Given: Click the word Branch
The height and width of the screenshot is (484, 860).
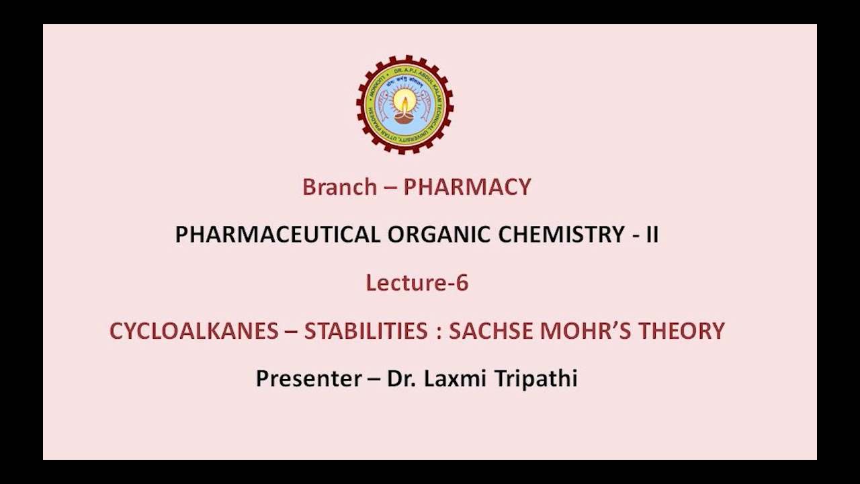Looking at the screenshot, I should coord(339,187).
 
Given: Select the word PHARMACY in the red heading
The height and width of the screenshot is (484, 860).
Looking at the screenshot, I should coord(467,187).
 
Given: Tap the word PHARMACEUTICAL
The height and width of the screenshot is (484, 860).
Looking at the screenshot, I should coord(277,235).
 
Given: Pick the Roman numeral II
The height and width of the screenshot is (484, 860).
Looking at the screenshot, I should coord(652,235).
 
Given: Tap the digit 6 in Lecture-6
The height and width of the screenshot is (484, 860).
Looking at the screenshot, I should coord(462,283).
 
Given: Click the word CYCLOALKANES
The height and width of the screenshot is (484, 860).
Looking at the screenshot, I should coord(193,331).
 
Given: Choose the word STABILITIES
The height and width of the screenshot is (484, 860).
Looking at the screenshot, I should coord(365,331).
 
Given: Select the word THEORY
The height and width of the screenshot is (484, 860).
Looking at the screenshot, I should coord(681,331).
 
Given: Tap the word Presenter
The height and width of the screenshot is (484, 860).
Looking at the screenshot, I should coord(308,378).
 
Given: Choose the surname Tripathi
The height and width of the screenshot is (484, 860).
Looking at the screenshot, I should coord(537,378).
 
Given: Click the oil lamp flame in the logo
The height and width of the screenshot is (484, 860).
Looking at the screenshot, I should coord(404,103).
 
